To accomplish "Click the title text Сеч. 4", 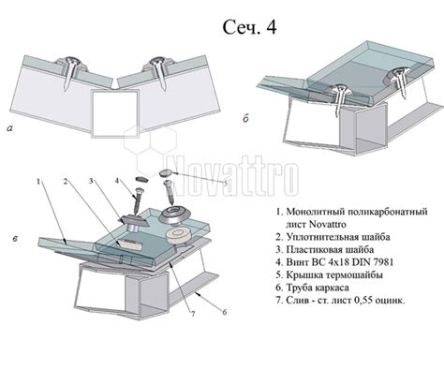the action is pyautogui.click(x=249, y=27).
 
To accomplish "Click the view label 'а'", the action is pyautogui.click(x=10, y=127).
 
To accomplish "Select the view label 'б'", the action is pyautogui.click(x=245, y=119).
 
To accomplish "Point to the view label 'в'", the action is pyautogui.click(x=16, y=239).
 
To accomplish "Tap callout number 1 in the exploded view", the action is pyautogui.click(x=38, y=182).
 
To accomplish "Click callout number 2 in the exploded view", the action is pyautogui.click(x=66, y=182).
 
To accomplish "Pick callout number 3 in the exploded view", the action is pyautogui.click(x=91, y=181).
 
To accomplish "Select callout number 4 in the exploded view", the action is pyautogui.click(x=117, y=181).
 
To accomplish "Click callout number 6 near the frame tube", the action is pyautogui.click(x=224, y=312).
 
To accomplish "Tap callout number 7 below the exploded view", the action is pyautogui.click(x=193, y=314).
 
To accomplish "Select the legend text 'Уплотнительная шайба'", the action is pyautogui.click(x=338, y=237).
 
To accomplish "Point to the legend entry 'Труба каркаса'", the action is pyautogui.click(x=318, y=288).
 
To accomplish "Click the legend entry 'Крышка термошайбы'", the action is pyautogui.click(x=334, y=275).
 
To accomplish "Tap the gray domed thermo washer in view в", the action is pyautogui.click(x=175, y=215).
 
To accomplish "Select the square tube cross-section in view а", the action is pyautogui.click(x=114, y=113).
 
